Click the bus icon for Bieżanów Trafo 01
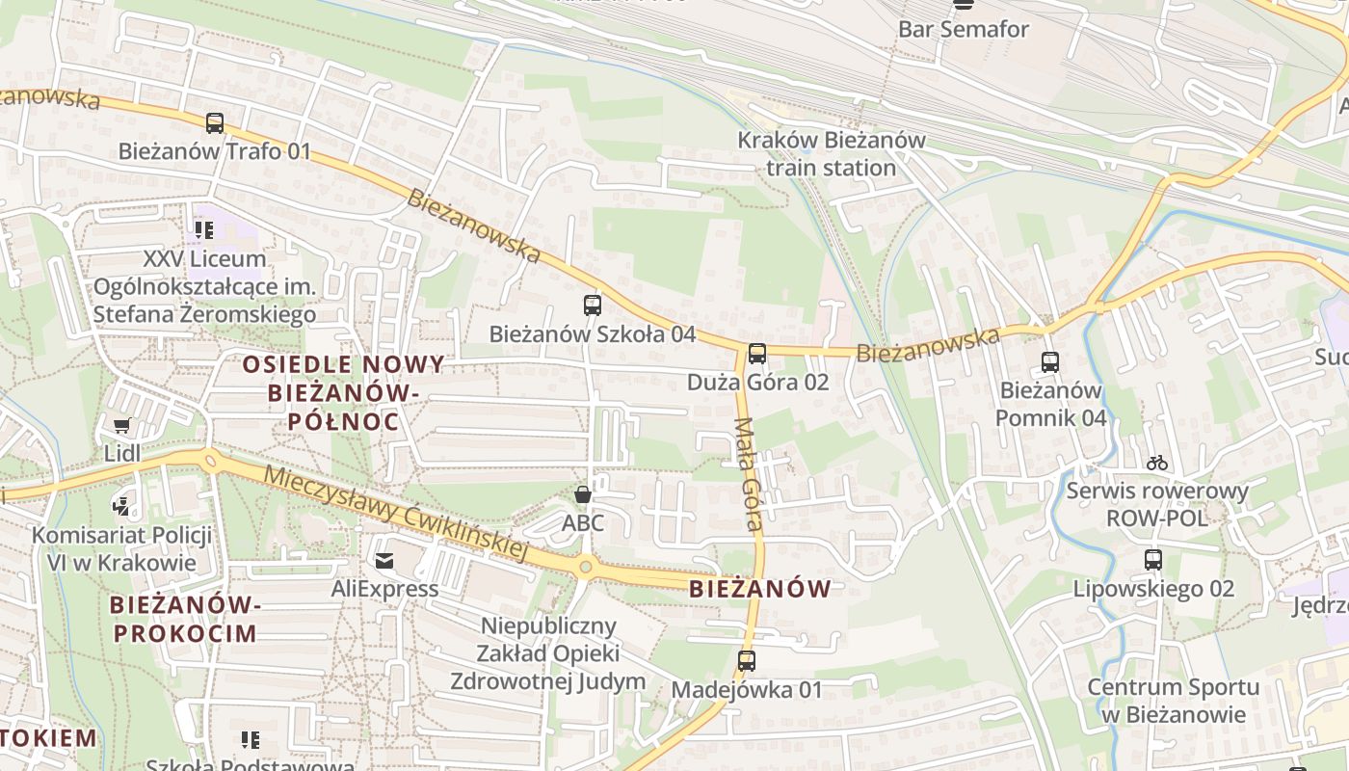[215, 123]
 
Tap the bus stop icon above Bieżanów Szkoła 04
[593, 306]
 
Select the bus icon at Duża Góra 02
[757, 354]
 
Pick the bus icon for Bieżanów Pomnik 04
[1050, 362]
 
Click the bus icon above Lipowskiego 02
[1153, 559]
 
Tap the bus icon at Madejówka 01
[747, 661]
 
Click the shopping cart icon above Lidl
[122, 426]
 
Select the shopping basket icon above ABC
[583, 494]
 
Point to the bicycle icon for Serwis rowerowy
[1157, 463]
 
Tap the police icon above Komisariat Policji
[121, 505]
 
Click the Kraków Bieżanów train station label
[832, 154]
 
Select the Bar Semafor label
[964, 29]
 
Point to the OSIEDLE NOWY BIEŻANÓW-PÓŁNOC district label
[343, 393]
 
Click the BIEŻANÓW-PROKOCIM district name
[185, 619]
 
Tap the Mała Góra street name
[749, 474]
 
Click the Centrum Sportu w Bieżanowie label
[1174, 701]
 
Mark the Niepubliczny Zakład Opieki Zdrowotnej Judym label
[548, 653]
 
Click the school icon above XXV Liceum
[203, 229]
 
